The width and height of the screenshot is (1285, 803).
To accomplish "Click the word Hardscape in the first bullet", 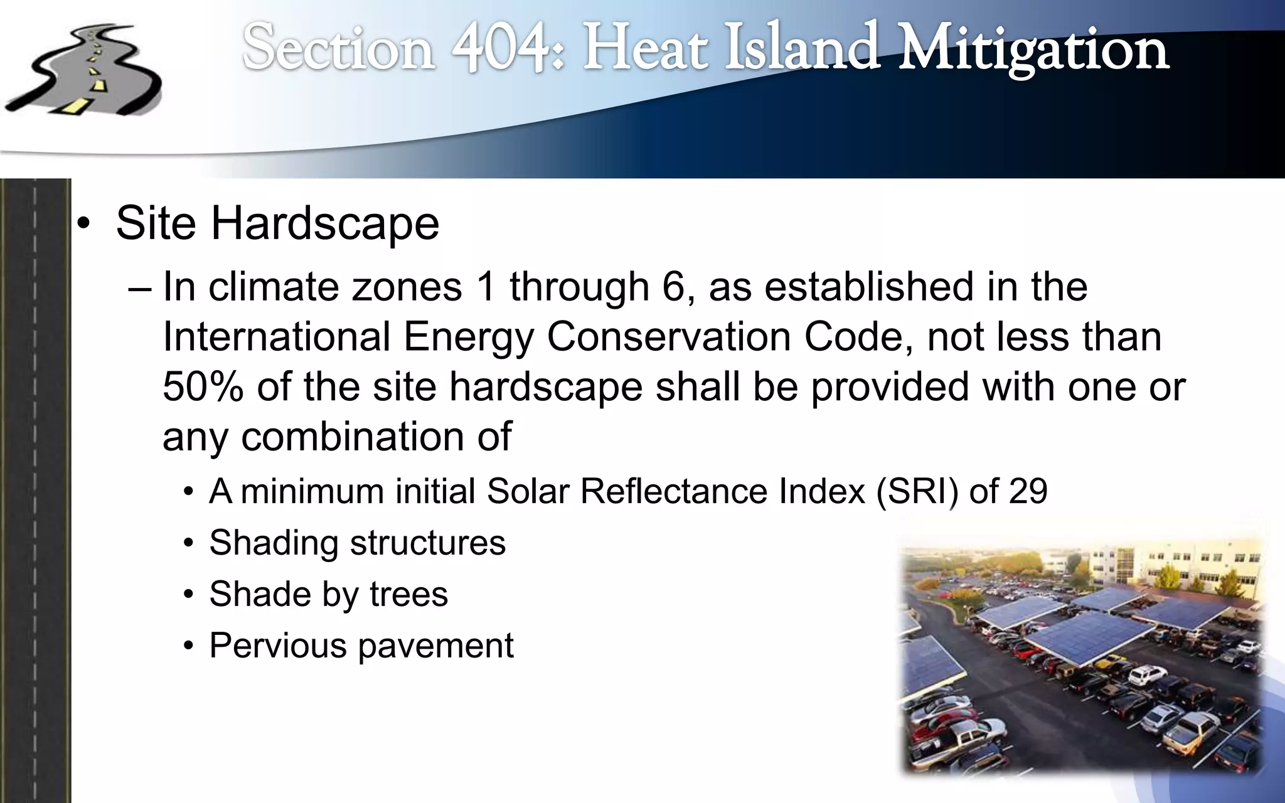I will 324,223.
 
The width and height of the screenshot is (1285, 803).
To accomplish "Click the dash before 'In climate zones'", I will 139,288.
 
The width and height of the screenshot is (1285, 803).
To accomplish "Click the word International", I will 276,337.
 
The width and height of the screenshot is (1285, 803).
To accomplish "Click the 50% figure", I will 203,386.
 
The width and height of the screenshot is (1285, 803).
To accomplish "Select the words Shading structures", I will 357,543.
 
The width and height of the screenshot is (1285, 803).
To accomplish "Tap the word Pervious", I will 277,646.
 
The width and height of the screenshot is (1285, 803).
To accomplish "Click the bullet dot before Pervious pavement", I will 188,647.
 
